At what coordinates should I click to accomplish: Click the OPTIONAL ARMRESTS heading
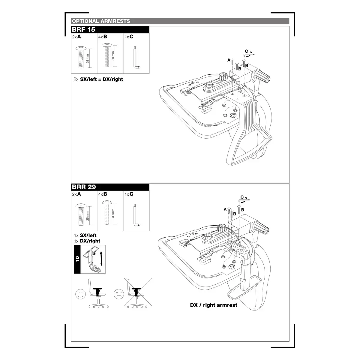tap(101, 21)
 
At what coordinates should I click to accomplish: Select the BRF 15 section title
tap(83, 29)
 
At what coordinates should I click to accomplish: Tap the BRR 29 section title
tap(84, 187)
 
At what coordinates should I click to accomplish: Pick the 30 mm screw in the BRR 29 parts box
tap(107, 212)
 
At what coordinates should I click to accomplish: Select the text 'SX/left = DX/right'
tap(101, 79)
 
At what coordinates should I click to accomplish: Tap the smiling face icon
tap(80, 294)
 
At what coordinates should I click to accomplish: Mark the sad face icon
tap(119, 294)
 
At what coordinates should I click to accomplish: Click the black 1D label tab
tap(77, 259)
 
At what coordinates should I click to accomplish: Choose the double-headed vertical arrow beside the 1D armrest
tap(101, 258)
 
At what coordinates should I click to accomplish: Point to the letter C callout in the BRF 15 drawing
tap(246, 51)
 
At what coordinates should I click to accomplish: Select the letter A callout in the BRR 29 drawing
tap(225, 209)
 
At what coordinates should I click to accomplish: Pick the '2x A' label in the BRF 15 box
tap(76, 37)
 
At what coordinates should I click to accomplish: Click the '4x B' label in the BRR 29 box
tap(103, 194)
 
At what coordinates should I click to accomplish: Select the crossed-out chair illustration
tap(138, 293)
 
